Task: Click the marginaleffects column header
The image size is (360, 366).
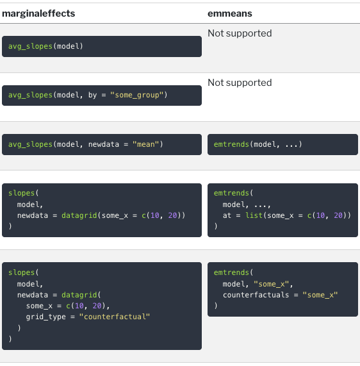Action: [x=38, y=13]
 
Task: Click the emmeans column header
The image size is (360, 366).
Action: [x=230, y=13]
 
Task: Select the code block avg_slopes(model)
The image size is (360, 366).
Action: [x=102, y=46]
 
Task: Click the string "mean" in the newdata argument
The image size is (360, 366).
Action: [x=145, y=144]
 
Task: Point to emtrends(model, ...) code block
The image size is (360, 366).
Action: [x=282, y=144]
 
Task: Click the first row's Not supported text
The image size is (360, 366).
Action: [x=240, y=33]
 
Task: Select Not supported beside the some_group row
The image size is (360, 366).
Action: [x=240, y=83]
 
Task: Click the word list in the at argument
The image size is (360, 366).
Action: [x=254, y=215]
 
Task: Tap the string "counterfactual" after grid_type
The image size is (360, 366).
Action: [x=115, y=317]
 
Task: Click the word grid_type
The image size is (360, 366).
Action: [x=45, y=317]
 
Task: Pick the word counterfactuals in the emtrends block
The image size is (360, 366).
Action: [x=256, y=295]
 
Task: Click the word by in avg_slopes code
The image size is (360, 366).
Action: [x=92, y=95]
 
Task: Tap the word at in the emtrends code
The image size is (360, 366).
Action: [x=227, y=215]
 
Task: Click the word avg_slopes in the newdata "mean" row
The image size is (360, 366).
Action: [x=30, y=144]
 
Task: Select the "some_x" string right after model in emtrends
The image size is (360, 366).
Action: [x=272, y=284]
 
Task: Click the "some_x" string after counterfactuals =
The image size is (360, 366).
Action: [x=320, y=295]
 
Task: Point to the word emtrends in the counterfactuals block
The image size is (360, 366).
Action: [x=231, y=272]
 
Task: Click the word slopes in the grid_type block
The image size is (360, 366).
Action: [x=22, y=272]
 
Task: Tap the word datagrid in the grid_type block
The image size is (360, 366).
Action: [x=79, y=295]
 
